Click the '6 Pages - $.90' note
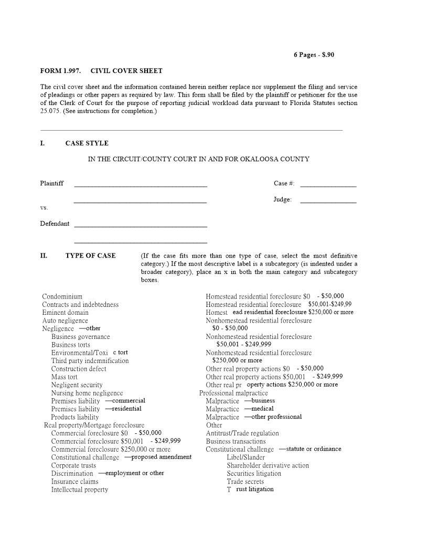pos(314,55)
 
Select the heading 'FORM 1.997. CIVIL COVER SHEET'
pos(101,71)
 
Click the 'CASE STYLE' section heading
pos(87,143)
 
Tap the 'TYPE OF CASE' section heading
pos(90,256)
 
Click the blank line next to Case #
pos(328,184)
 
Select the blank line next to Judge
pos(328,200)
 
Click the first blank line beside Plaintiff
pos(141,184)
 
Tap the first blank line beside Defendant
pos(141,225)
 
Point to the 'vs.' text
pos(44,208)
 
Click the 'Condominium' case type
pos(62,296)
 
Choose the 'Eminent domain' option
pos(65,313)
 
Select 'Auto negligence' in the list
pos(65,321)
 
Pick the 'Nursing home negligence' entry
pos(87,393)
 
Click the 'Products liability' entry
pos(74,417)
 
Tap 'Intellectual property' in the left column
pos(79,489)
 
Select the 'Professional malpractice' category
pos(233,393)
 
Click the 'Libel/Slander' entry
pos(245,457)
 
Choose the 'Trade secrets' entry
pos(245,482)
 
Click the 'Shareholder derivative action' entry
pos(267,465)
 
